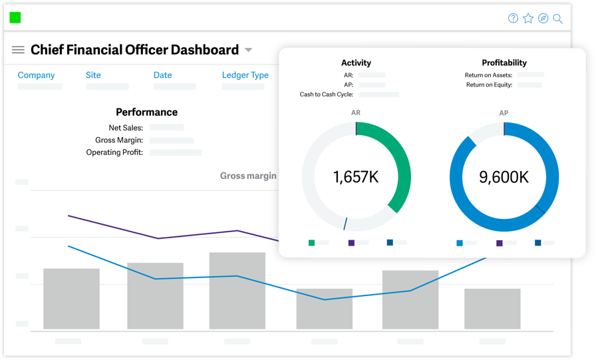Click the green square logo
pos(15,17)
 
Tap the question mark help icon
pos(513,18)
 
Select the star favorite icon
pos(528,18)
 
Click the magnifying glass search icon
pos(557,19)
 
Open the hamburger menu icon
pos(18,50)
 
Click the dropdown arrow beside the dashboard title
pos(248,50)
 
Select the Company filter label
pos(36,75)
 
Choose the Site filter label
pos(93,75)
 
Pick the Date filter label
pos(163,75)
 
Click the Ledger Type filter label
pos(245,75)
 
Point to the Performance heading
pos(147,112)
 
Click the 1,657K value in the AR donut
pos(356,177)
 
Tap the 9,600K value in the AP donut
pos(504,177)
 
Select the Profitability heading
pos(504,63)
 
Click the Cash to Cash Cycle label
pos(327,94)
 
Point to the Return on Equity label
pos(489,85)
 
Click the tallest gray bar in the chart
pos(237,291)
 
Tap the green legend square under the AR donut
pos(312,243)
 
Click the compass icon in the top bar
pos(543,18)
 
